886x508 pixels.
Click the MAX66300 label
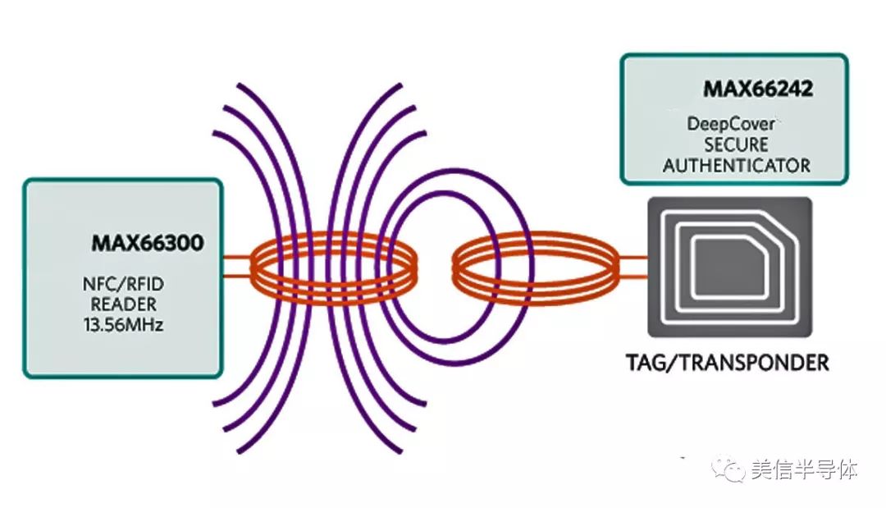coord(147,244)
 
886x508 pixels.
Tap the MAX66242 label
coord(757,89)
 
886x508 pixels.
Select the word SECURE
coord(736,144)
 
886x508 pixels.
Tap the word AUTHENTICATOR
coord(736,165)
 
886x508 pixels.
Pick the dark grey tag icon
coord(729,267)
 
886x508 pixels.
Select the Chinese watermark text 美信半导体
coord(803,470)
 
